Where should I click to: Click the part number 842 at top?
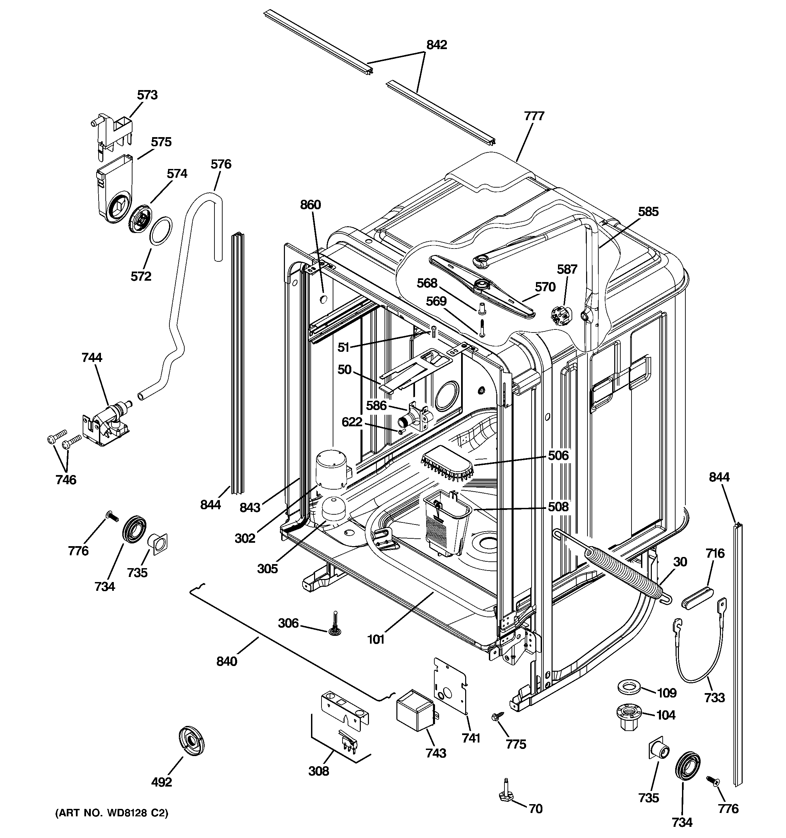[436, 45]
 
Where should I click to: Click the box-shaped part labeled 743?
[415, 713]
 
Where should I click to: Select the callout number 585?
[648, 212]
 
